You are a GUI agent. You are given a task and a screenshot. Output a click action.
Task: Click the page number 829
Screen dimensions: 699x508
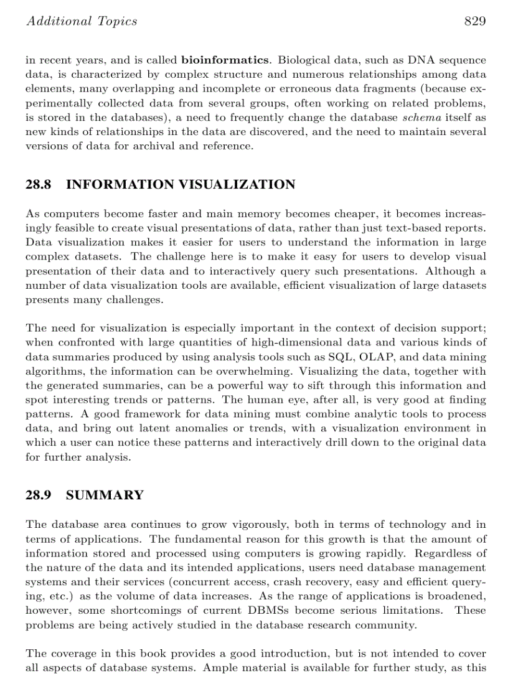(x=474, y=22)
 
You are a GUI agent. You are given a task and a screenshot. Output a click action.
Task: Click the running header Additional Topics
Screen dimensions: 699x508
(x=81, y=22)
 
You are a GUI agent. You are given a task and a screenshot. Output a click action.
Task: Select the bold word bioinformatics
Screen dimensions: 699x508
(x=225, y=60)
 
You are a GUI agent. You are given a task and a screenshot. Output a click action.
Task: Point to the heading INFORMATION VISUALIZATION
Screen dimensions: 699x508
(x=180, y=185)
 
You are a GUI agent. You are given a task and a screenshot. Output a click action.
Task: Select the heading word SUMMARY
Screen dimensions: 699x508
(x=105, y=495)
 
